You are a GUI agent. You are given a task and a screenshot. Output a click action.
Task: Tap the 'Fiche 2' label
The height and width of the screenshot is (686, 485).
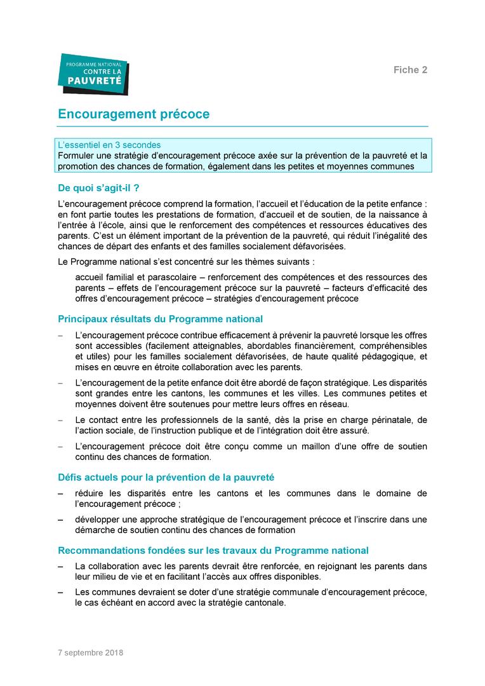[x=411, y=70]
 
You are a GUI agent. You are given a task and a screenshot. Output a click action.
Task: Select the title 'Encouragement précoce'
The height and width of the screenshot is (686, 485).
[x=133, y=114]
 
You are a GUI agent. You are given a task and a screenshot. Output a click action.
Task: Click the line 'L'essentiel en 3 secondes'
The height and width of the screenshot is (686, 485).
[x=109, y=145]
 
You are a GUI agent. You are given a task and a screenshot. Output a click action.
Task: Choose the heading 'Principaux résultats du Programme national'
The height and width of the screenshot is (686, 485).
[x=160, y=319]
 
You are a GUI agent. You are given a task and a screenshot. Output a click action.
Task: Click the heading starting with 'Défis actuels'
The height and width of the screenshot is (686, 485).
[x=166, y=477]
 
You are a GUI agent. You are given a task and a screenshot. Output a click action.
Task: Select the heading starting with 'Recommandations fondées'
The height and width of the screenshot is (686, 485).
[x=213, y=551]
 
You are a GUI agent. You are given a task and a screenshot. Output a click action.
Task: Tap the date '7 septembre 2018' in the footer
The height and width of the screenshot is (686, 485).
[x=90, y=653]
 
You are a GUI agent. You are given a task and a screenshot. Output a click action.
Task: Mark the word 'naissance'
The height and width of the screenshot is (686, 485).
[x=394, y=215]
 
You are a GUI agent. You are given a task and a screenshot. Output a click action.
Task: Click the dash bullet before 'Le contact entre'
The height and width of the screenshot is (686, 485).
[x=61, y=420]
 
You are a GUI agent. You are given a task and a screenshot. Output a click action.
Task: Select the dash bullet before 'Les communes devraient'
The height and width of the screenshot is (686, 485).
[x=61, y=592]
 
